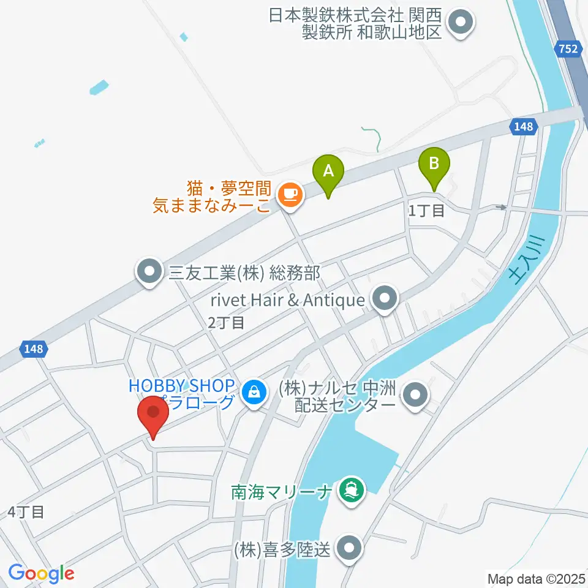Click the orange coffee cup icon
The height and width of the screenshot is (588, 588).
pyautogui.click(x=288, y=195)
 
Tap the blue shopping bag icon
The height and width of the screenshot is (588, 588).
pyautogui.click(x=254, y=390)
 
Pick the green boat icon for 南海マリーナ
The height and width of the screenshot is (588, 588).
pyautogui.click(x=352, y=489)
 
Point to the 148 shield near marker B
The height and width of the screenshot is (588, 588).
pyautogui.click(x=524, y=127)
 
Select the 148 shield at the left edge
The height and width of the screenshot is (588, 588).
pyautogui.click(x=34, y=349)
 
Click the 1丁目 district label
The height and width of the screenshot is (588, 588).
pyautogui.click(x=427, y=211)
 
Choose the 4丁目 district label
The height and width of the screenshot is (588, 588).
pyautogui.click(x=26, y=512)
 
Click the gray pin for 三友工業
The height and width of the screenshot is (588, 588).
pyautogui.click(x=149, y=271)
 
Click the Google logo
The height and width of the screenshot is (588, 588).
pyautogui.click(x=41, y=573)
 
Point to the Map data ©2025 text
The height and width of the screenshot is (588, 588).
pyautogui.click(x=537, y=578)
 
